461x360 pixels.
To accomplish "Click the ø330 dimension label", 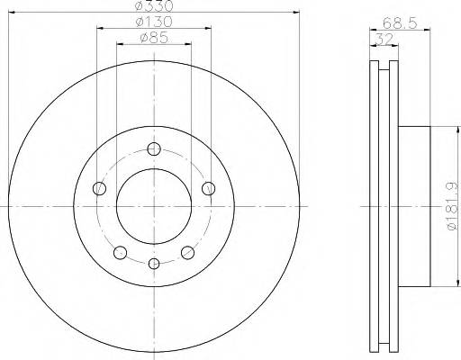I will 153,6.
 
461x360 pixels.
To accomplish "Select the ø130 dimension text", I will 153,22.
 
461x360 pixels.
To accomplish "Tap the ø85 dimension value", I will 153,38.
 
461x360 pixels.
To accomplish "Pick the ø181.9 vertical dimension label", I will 449,208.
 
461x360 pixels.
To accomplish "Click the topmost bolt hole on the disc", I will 154,149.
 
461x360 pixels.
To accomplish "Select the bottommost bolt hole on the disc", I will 154,263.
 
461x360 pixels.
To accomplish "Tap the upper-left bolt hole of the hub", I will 100,188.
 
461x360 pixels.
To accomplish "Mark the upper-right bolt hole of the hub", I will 208,188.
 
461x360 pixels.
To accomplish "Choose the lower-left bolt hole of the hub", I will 120,252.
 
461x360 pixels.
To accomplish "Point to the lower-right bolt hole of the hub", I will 188,252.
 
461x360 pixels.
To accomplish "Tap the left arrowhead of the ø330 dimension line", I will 12,13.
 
